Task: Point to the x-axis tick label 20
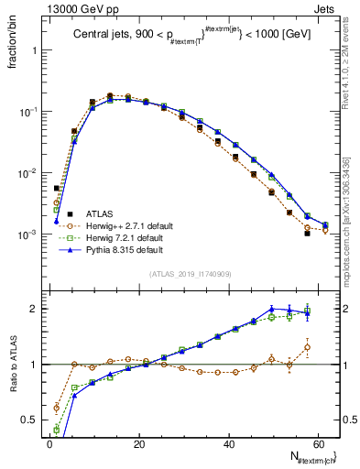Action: [x=138, y=442]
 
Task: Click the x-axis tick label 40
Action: [x=228, y=442]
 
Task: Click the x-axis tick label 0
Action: [x=49, y=442]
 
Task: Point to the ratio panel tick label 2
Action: [x=34, y=309]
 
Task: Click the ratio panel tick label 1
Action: [x=34, y=365]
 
